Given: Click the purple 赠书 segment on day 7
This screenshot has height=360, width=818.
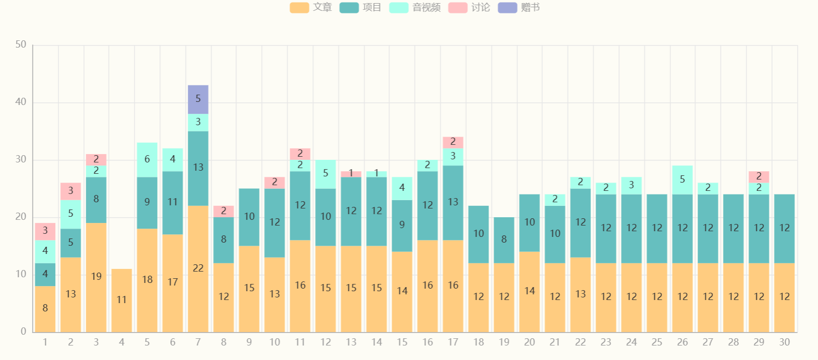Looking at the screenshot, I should pos(198,99).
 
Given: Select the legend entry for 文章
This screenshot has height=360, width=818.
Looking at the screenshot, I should pos(311,8).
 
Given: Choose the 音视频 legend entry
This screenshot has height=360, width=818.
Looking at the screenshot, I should pos(415,8).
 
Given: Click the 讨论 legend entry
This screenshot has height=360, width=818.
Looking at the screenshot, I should pos(469,8).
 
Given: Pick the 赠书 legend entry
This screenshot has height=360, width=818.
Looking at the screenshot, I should pos(519,8).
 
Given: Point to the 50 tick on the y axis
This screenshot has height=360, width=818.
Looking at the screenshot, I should pos(21,44).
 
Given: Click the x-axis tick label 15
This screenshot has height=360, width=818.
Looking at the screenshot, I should pos(402,342).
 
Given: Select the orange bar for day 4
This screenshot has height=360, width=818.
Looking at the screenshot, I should pos(122,300).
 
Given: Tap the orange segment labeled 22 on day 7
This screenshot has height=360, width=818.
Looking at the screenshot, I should pos(198,268).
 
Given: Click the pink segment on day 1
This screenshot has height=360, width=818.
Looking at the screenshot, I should pos(45,231).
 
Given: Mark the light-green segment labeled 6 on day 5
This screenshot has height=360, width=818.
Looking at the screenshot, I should pos(147,160).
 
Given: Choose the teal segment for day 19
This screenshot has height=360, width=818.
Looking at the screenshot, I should pos(504,240).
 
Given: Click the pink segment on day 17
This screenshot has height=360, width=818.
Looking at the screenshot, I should pos(453,142).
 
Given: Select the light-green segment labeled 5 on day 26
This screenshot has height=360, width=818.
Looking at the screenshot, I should pos(682,179).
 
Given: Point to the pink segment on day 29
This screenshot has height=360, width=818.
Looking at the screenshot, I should pos(758,176).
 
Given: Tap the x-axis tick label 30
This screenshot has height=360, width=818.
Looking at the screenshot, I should pos(784,342).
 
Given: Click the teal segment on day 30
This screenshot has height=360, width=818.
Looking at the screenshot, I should pos(784,229).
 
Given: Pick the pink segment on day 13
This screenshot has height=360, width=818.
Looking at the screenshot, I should pos(351,174).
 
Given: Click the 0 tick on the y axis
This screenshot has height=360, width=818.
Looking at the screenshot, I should pos(23,332).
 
